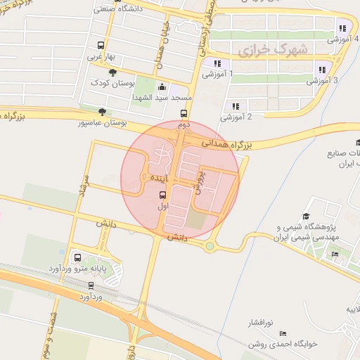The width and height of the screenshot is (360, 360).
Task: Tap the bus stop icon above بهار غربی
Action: point(100,44)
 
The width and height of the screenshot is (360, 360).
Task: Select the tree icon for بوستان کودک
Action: point(112,71)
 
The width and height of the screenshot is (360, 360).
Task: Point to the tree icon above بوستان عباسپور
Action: point(103,111)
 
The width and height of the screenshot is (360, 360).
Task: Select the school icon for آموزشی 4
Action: point(342,29)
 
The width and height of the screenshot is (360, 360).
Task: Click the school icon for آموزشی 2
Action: point(233,106)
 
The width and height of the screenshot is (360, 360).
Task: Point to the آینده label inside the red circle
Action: point(156,179)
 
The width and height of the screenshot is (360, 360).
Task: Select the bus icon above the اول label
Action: point(163,196)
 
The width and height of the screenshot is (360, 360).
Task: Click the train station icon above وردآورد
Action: point(91,285)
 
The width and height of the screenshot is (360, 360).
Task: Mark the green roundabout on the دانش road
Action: point(210,246)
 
